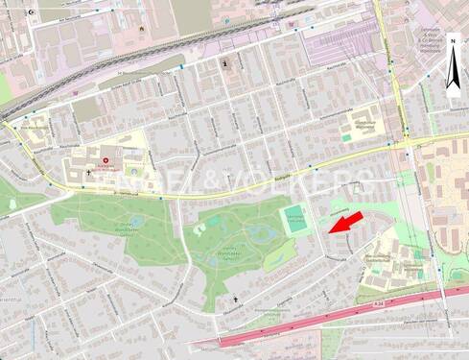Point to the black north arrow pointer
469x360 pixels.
pos(452,84)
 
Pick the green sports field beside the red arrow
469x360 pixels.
pos(297,221)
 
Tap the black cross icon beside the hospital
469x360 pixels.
pos(89,173)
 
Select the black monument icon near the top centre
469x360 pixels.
pos(225,64)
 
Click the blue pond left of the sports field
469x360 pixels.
pos(257,232)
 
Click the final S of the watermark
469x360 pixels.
pos(365,180)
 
